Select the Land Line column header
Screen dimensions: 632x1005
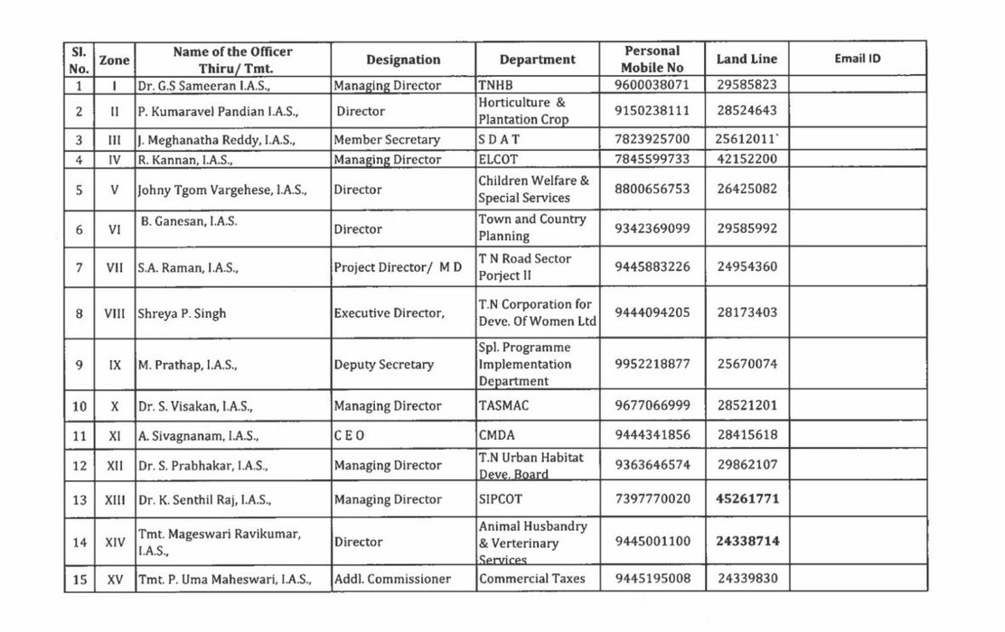(746, 60)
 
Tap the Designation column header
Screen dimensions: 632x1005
(403, 60)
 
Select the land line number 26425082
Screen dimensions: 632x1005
(746, 190)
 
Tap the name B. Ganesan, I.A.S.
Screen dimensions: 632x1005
(183, 220)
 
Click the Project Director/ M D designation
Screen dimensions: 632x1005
(398, 267)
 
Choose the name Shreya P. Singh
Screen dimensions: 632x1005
(182, 314)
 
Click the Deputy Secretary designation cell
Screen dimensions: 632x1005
(384, 365)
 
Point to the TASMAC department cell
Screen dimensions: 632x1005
(503, 406)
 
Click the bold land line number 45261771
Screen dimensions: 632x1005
(747, 498)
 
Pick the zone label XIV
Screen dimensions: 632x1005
(115, 543)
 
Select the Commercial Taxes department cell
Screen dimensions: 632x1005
(531, 579)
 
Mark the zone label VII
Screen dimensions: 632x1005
(115, 267)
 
